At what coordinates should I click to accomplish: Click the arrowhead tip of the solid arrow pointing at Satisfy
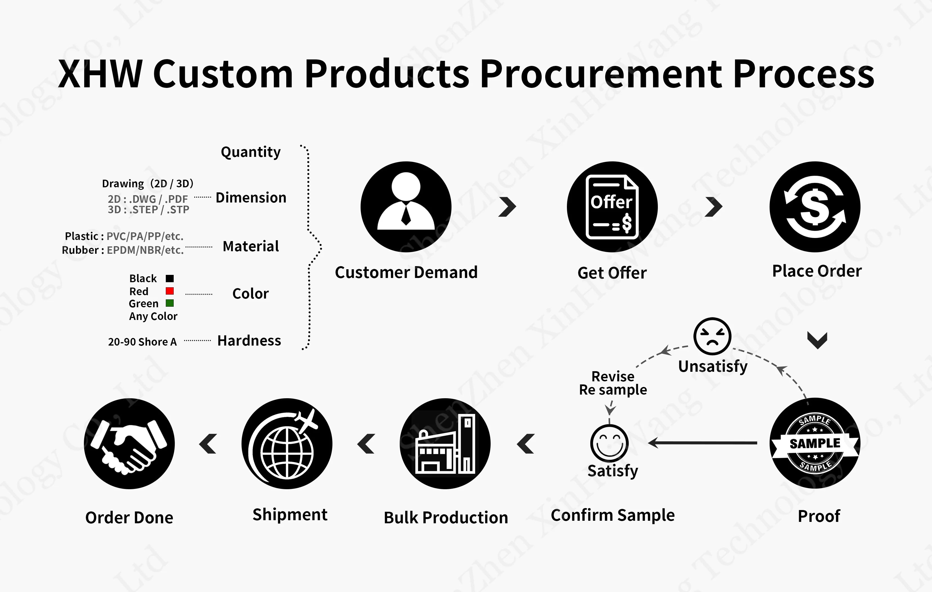tap(649, 442)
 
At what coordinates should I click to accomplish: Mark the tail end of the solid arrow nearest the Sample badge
tap(757, 442)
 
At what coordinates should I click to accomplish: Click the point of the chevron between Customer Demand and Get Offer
tap(516, 207)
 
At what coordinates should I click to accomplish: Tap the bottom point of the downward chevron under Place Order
tap(817, 348)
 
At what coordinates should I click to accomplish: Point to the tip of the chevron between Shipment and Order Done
tap(199, 444)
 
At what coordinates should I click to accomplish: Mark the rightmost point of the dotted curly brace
tap(321, 246)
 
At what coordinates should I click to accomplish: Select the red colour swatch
tap(169, 291)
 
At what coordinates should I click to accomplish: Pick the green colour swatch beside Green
tap(169, 303)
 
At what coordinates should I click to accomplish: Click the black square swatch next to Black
tap(169, 278)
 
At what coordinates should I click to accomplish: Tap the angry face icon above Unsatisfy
tap(712, 336)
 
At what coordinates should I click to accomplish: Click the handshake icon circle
tap(129, 444)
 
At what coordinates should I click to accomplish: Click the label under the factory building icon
tap(446, 518)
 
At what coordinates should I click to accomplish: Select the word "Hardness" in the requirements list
tap(249, 341)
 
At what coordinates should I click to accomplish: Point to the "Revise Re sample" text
tap(613, 383)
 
